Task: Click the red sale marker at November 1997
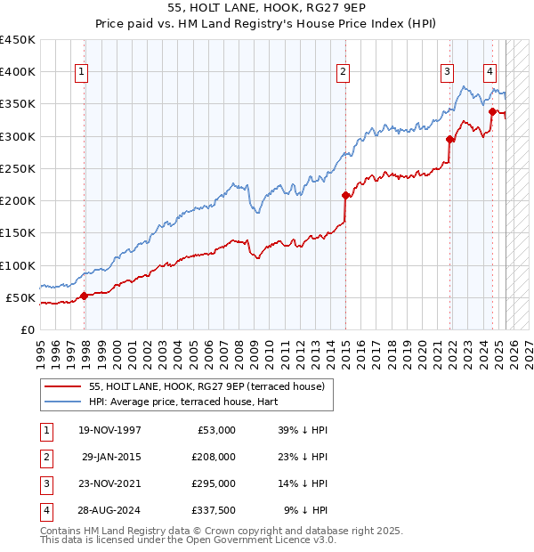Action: point(84,296)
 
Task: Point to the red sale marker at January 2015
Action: point(344,195)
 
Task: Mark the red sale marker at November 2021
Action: point(449,139)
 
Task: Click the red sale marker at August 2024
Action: point(492,111)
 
